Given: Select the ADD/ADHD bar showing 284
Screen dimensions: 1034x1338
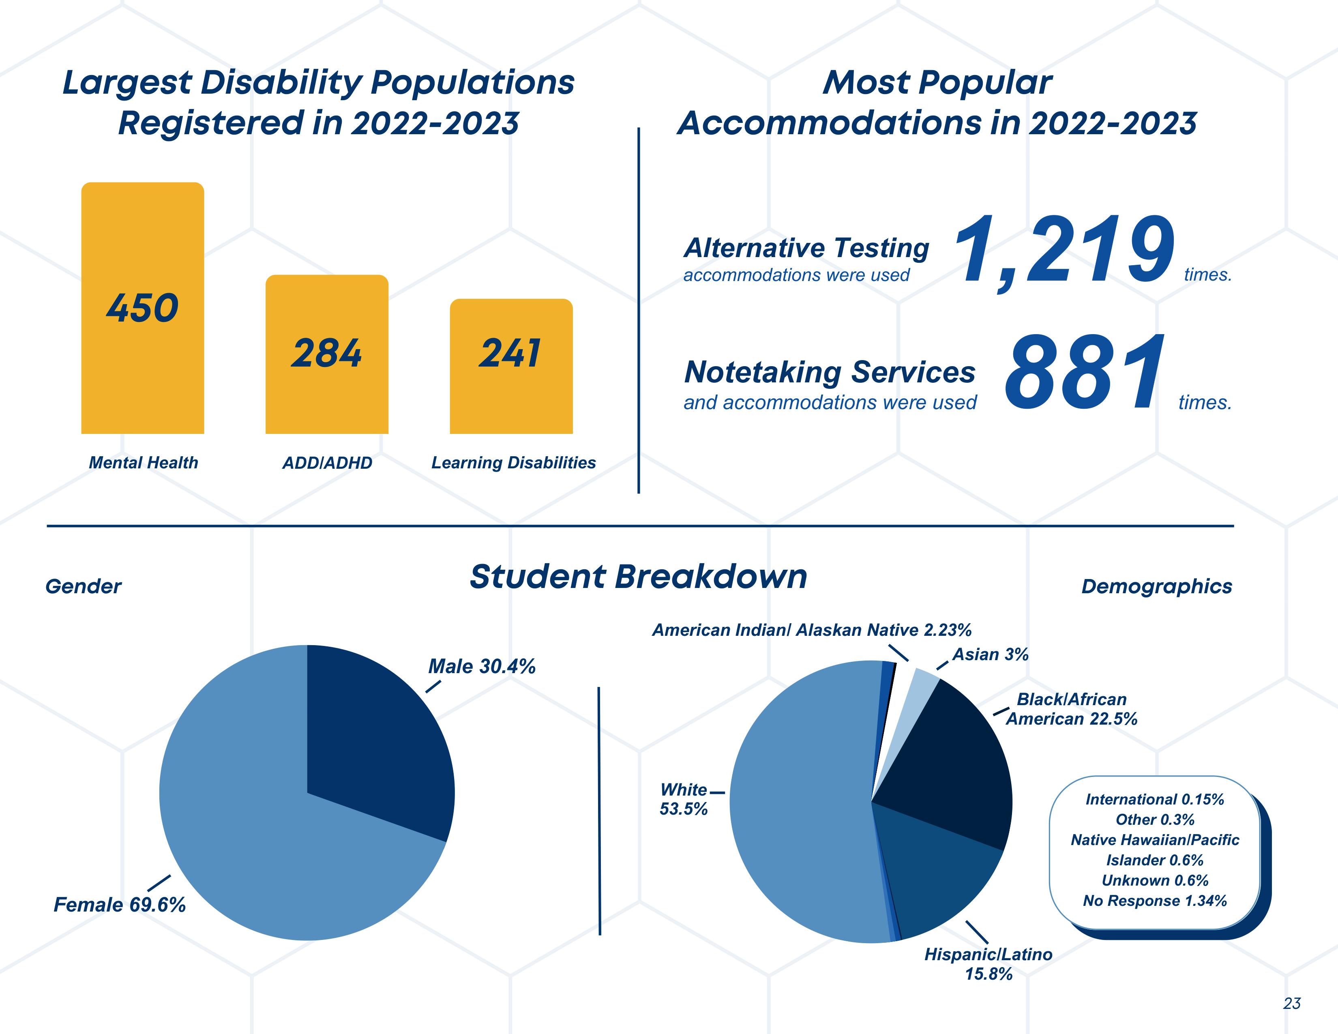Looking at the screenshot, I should [326, 380].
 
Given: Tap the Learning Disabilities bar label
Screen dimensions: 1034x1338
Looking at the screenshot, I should [513, 463].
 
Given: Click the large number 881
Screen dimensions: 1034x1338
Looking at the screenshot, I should [1084, 374].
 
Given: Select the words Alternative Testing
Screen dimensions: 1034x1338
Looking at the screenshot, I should [806, 248].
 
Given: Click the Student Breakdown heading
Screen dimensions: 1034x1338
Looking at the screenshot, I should [638, 577].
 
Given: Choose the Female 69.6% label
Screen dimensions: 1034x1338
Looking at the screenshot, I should [120, 905].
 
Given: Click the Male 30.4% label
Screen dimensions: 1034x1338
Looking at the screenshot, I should [482, 667].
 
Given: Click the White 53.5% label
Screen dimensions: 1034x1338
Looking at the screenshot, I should [684, 799].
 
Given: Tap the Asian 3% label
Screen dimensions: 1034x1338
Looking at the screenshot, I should [990, 655].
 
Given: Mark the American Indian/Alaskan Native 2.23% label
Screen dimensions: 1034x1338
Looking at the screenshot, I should [812, 630].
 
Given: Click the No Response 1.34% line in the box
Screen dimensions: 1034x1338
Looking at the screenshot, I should [1155, 901].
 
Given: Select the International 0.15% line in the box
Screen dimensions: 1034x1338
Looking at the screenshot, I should [1155, 799].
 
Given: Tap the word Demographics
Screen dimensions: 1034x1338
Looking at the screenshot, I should [1157, 586].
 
